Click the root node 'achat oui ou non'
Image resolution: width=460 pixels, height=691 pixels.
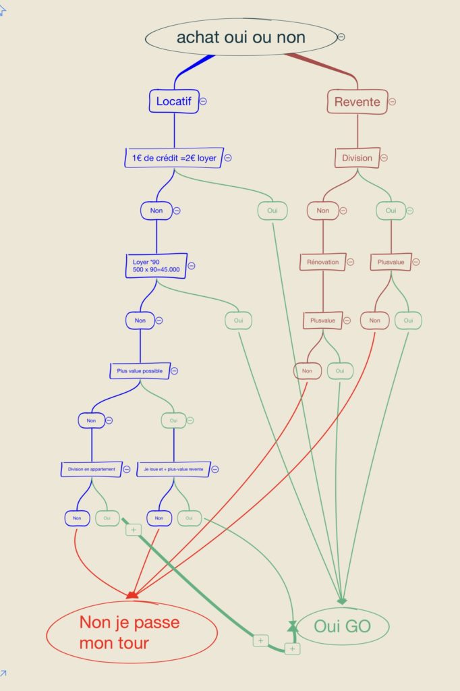point(241,37)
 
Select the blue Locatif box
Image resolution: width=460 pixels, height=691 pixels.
point(174,101)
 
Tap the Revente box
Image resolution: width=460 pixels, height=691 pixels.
point(357,102)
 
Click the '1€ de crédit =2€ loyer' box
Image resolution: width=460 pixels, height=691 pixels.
point(174,158)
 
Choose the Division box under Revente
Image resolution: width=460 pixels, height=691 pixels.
point(357,158)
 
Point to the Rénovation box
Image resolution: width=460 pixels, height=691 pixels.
point(323,262)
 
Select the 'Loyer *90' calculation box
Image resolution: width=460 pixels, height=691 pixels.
point(156,266)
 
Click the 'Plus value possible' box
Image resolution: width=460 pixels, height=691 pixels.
point(140,371)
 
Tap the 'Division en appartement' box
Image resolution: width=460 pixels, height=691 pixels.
point(92,470)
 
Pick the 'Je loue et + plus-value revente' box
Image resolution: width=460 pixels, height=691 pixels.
point(173,470)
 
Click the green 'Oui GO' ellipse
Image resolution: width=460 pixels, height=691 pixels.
point(343,626)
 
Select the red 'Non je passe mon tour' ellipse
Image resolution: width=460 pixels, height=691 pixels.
point(132,632)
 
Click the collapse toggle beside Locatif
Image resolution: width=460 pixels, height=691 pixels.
point(203,101)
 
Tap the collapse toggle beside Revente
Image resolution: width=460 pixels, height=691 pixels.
point(392,102)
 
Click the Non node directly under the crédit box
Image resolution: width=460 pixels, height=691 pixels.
point(156,211)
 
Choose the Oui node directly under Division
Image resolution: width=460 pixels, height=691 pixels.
point(391,211)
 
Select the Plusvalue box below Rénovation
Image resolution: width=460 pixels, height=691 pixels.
point(323,321)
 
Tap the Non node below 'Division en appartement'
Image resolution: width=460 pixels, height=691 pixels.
point(77,518)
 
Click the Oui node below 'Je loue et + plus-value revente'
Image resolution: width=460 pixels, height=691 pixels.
point(189,518)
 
